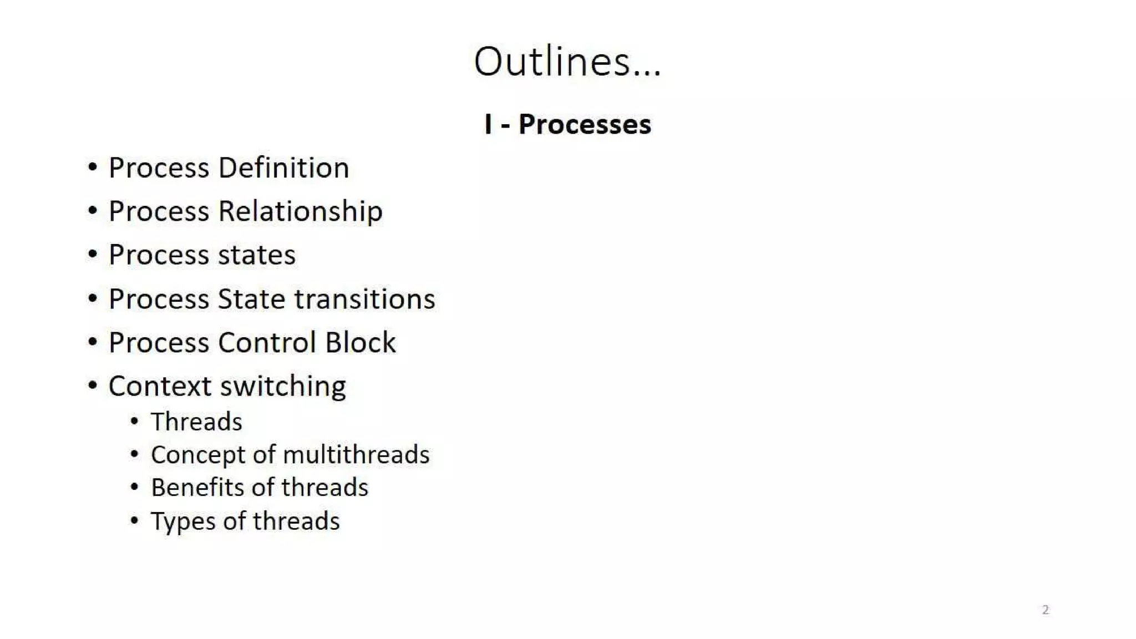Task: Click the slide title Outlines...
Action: tap(567, 61)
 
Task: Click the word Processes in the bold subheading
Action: tap(585, 124)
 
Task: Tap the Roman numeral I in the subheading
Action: tap(488, 124)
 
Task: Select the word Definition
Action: tap(283, 168)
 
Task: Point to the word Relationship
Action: tap(300, 211)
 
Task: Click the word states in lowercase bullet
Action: tap(257, 255)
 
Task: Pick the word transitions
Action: tap(364, 299)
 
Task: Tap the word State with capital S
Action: tap(252, 299)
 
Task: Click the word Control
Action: tap(268, 342)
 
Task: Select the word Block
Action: tap(361, 342)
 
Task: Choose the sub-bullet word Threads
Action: tap(196, 422)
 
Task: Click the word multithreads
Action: tap(356, 455)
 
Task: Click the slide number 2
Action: tap(1046, 610)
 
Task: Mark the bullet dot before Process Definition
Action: tap(93, 168)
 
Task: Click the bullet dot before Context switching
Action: tap(93, 386)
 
